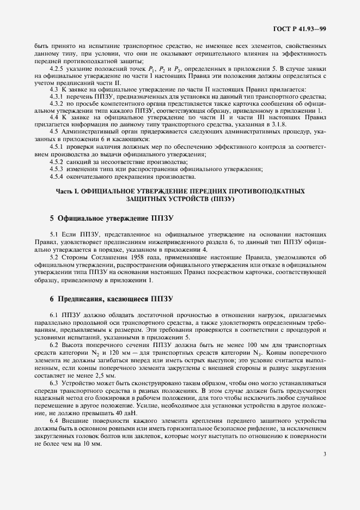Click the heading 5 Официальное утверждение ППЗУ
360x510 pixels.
96,218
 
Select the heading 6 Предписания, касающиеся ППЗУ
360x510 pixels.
103,299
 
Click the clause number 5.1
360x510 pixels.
54,233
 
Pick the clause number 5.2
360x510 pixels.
54,256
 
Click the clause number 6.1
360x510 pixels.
54,315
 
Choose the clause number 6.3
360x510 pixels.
54,384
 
